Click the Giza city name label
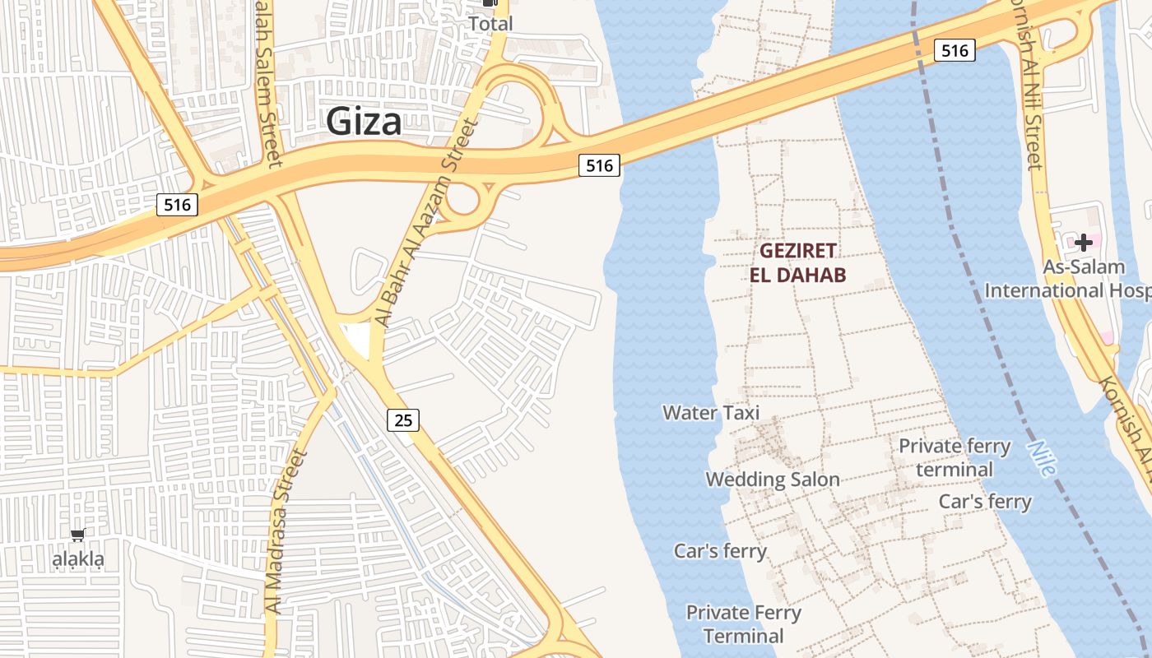coord(364,122)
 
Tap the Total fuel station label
coord(490,24)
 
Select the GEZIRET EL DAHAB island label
coord(797,262)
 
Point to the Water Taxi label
coord(711,412)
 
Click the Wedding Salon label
coord(773,480)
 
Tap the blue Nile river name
coord(1041,457)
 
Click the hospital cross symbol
coord(1084,242)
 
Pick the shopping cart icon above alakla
coord(77,535)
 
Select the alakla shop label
coord(78,561)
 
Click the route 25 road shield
coord(403,420)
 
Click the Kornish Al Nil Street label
coord(1032,90)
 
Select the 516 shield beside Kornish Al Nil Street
coord(955,51)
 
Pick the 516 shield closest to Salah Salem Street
coord(178,205)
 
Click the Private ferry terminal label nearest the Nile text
coord(955,457)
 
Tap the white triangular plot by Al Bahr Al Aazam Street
coord(355,338)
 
